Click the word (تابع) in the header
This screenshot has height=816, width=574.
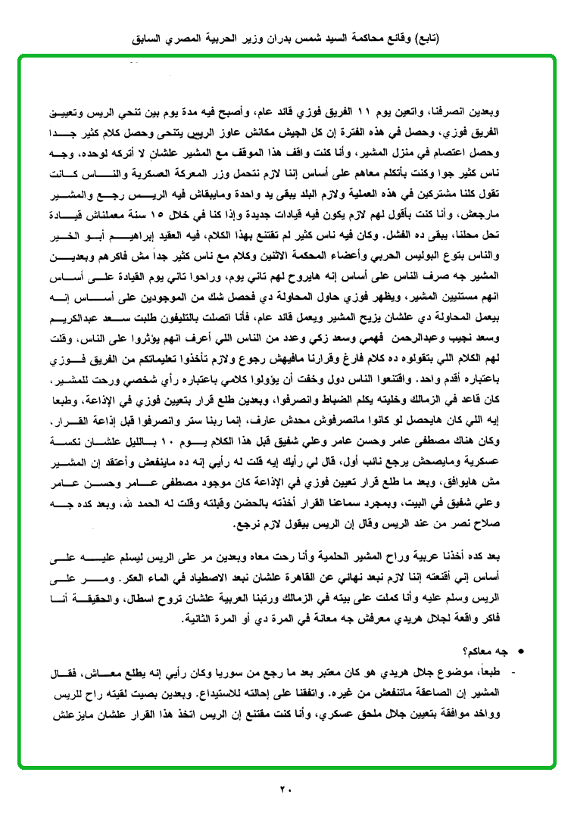[x=425, y=38]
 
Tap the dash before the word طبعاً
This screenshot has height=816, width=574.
[x=514, y=673]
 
